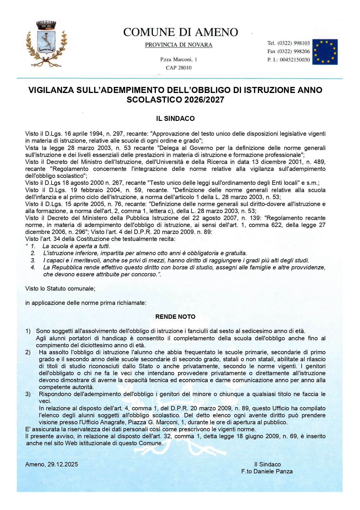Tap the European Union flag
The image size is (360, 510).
(325, 52)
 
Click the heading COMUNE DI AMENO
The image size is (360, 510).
(180, 32)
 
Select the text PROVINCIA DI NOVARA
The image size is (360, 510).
(179, 45)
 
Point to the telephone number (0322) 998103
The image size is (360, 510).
(294, 43)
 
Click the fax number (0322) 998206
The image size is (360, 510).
(294, 51)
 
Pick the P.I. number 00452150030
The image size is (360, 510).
(295, 60)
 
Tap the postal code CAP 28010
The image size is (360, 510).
(179, 68)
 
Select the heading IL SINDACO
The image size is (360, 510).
(175, 119)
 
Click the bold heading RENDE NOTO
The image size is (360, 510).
(175, 317)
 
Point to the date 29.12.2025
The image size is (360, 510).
(62, 464)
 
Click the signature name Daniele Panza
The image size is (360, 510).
(273, 471)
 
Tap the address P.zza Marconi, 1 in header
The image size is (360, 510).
(179, 60)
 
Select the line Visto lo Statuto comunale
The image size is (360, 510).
(60, 289)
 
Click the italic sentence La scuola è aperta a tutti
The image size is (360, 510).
(76, 246)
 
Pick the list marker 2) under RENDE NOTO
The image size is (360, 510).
(28, 352)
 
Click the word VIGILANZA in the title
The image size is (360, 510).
(51, 90)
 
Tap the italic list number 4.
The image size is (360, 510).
(33, 267)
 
